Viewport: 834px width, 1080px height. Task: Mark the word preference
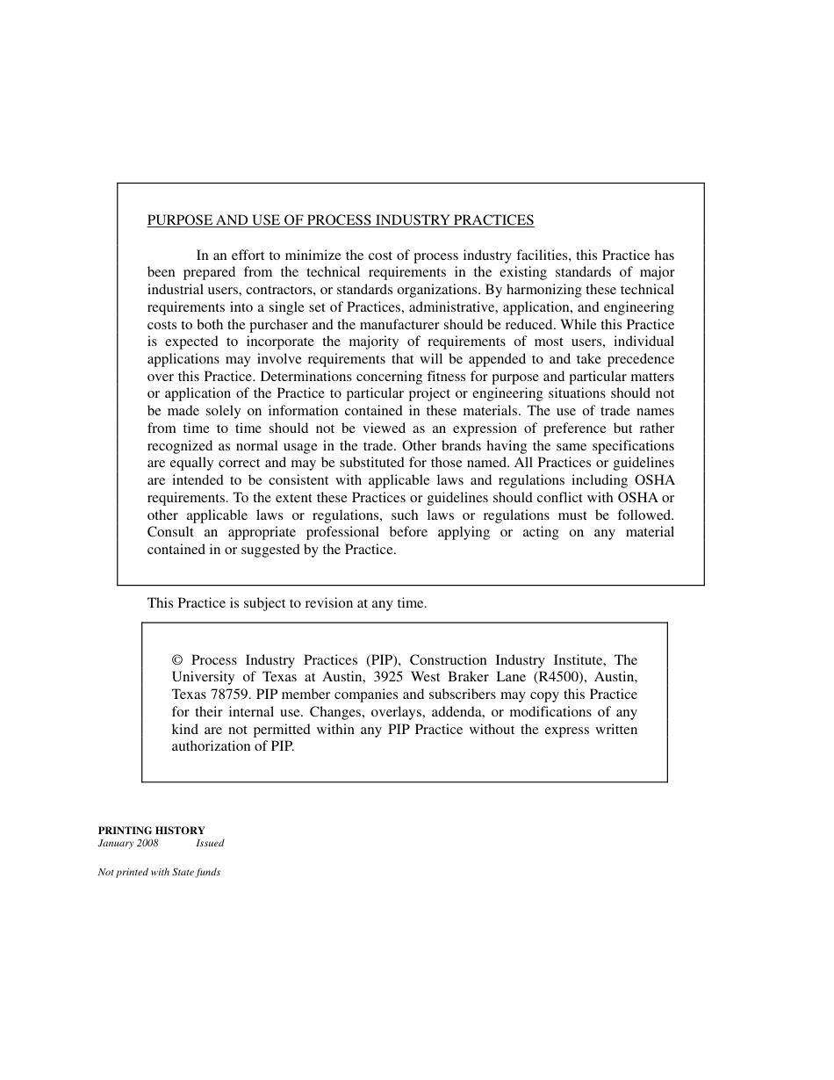pyautogui.click(x=559, y=428)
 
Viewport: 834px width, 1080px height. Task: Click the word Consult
pyautogui.click(x=170, y=532)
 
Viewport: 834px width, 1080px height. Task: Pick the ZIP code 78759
pyautogui.click(x=228, y=695)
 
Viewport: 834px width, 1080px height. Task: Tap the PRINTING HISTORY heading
pyautogui.click(x=151, y=830)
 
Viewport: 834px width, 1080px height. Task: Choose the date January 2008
pyautogui.click(x=128, y=843)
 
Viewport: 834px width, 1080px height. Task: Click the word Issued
pyautogui.click(x=210, y=843)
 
